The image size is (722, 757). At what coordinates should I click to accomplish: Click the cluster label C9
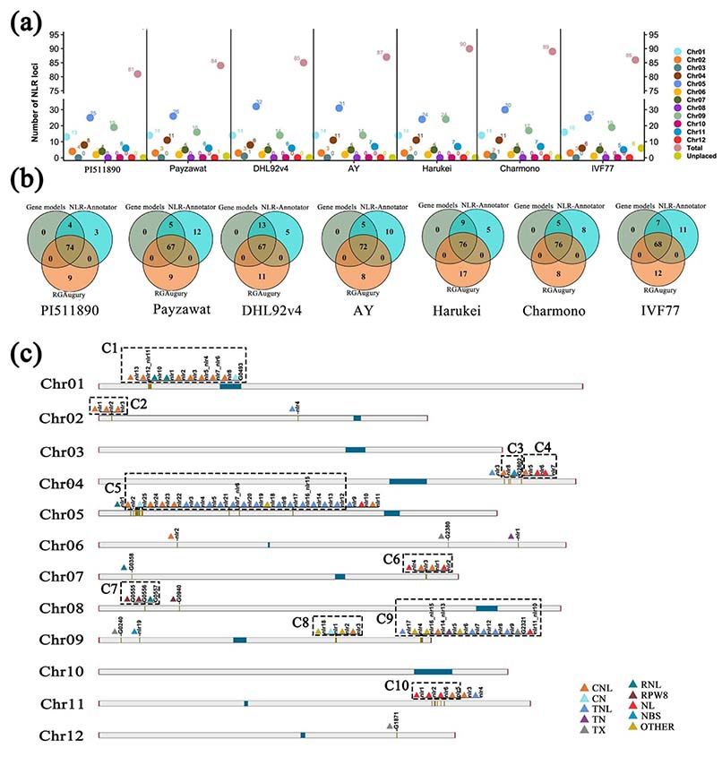[385, 619]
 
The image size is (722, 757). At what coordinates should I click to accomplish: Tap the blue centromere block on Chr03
[356, 449]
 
